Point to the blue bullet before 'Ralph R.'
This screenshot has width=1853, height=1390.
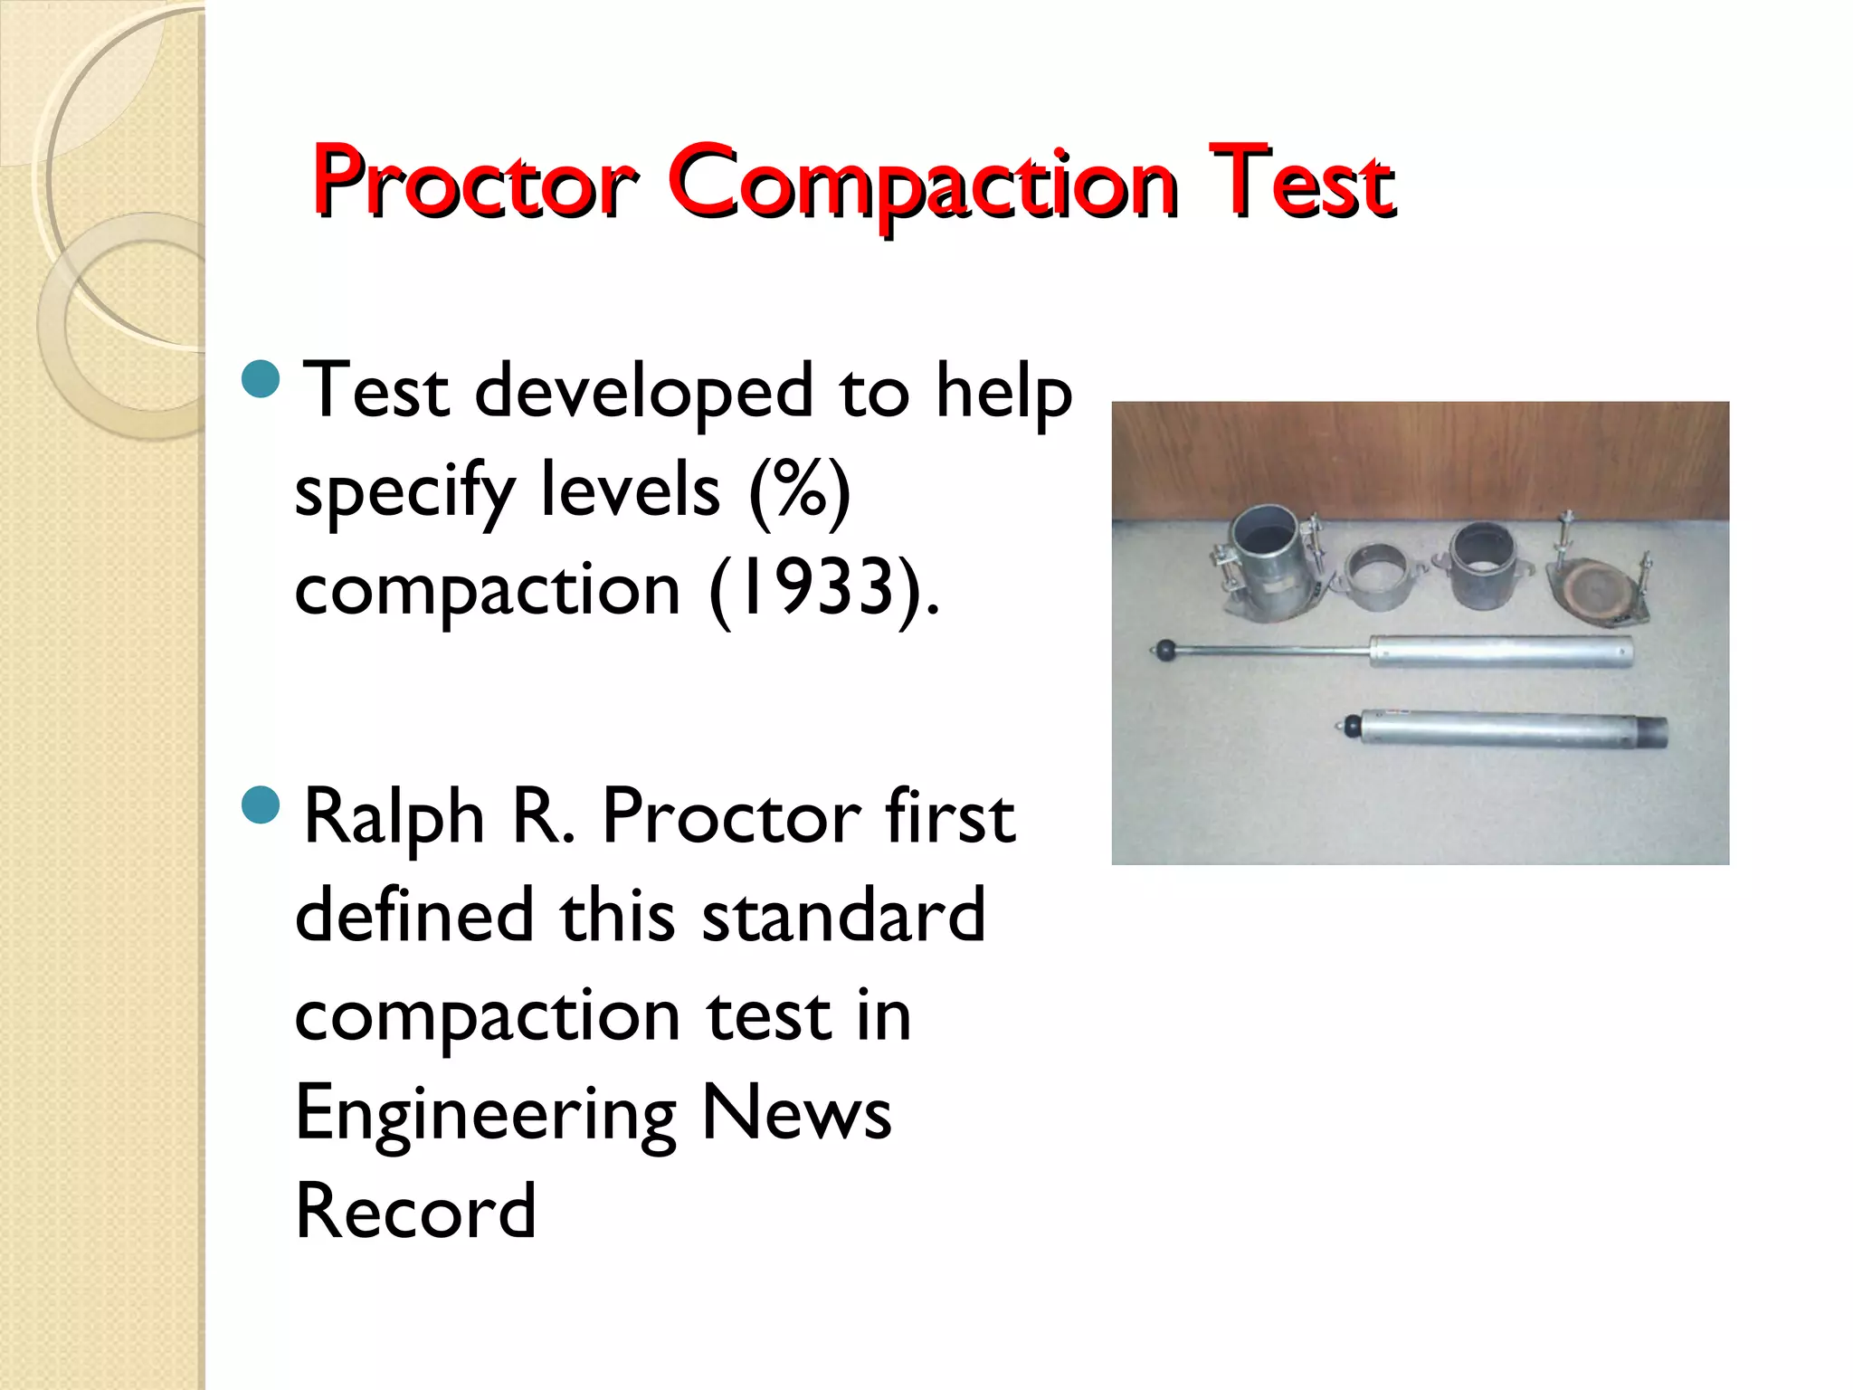261,804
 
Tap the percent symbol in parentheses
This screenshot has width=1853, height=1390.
799,490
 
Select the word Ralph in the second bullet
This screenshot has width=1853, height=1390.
394,817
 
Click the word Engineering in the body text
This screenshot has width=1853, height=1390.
486,1114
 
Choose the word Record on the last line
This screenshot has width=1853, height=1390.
415,1211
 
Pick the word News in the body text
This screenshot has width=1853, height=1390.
796,1112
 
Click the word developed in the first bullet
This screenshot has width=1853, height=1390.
643,392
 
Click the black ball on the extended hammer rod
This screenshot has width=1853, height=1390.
1165,649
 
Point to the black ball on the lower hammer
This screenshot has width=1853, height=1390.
1351,725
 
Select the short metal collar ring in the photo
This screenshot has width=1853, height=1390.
1380,578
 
